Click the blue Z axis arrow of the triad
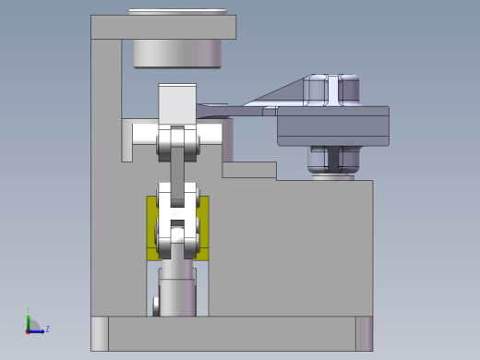click(38, 330)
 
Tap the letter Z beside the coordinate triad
click(47, 329)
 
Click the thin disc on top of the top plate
click(177, 12)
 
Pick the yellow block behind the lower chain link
click(152, 226)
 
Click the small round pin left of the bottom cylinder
click(156, 303)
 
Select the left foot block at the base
click(99, 333)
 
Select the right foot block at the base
click(364, 333)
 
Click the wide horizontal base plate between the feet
click(231, 333)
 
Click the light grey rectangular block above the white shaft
click(176, 102)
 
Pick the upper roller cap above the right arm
click(332, 89)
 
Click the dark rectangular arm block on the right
click(332, 126)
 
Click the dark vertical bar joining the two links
click(177, 171)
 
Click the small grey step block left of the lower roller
click(248, 170)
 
